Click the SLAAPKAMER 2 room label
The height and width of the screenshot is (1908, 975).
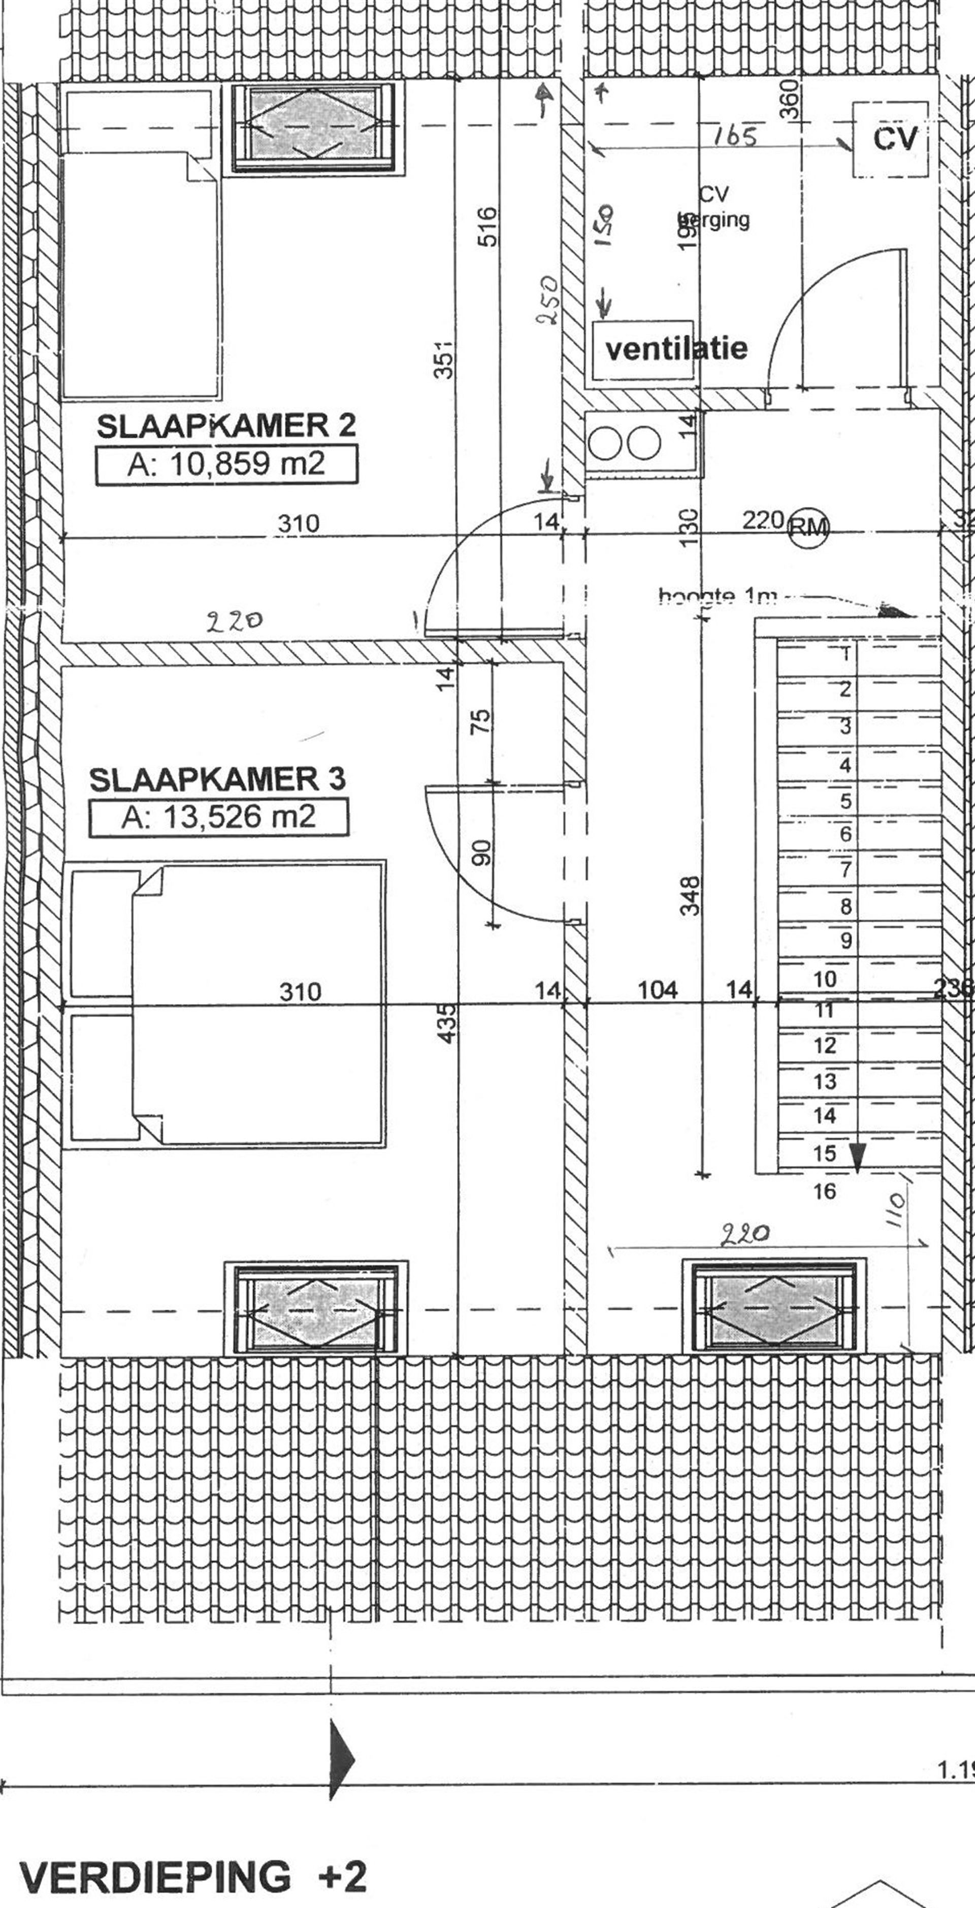coord(226,426)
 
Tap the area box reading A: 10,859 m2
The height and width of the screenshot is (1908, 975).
coord(226,464)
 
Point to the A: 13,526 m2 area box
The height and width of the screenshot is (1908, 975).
coord(218,817)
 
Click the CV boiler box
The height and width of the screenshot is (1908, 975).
coord(890,139)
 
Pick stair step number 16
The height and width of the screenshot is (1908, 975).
coord(825,1190)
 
